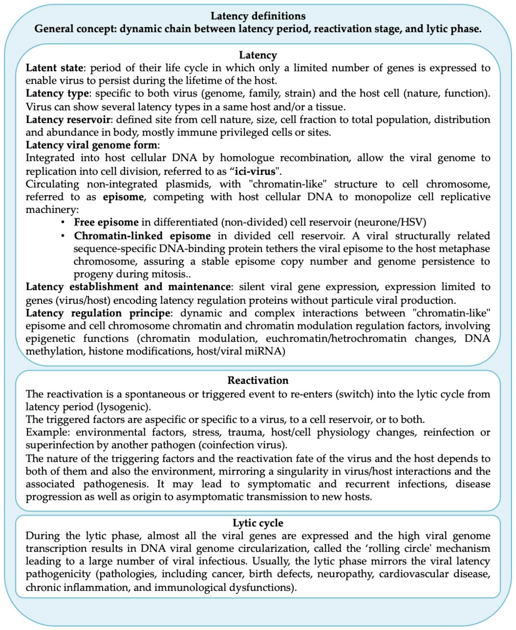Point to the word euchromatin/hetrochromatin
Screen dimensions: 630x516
coord(336,339)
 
